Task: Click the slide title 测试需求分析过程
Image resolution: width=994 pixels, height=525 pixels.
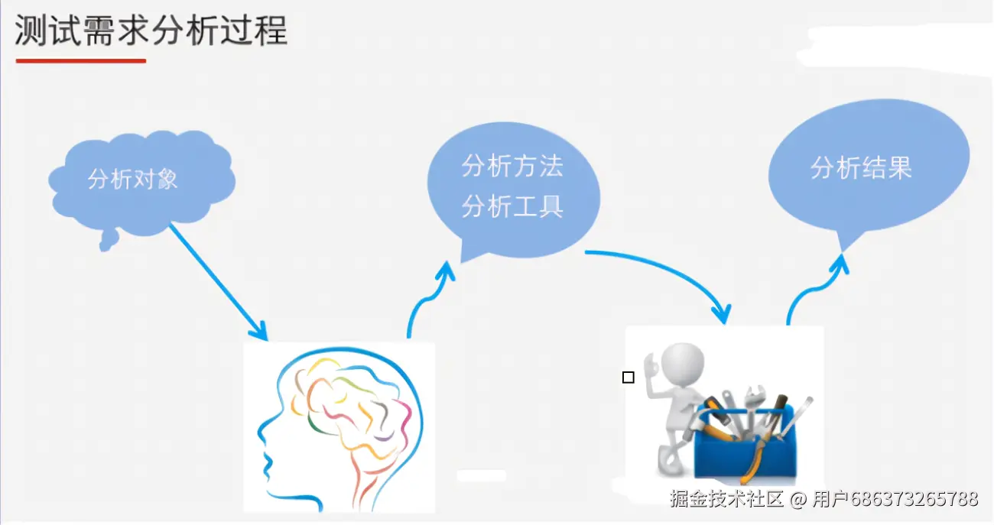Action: [x=151, y=32]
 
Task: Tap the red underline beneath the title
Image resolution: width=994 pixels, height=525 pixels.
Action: [x=80, y=60]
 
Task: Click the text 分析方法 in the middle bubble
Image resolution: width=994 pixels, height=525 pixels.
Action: [x=512, y=167]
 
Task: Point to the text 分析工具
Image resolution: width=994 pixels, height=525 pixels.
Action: [x=512, y=206]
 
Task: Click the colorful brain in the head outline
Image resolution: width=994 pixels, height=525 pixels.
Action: [x=352, y=405]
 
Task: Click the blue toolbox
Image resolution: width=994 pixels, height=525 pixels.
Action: [x=745, y=451]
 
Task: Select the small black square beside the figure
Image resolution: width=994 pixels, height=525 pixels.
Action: [x=629, y=378]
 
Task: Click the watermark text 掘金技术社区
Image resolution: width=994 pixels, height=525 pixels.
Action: [x=727, y=500]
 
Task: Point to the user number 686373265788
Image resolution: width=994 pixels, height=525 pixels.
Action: [x=914, y=500]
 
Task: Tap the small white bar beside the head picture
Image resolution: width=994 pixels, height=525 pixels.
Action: [x=481, y=475]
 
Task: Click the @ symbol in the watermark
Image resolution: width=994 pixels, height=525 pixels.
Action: [x=798, y=500]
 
